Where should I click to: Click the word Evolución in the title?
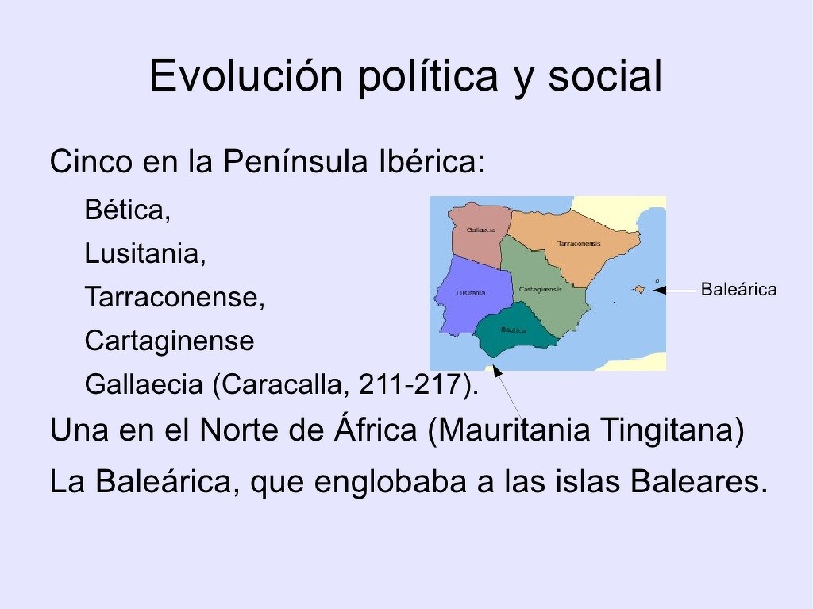[246, 75]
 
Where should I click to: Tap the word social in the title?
[604, 75]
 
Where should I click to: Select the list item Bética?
[128, 210]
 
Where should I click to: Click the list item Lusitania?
[145, 253]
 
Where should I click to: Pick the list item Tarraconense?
[175, 297]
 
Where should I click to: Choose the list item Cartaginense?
[170, 341]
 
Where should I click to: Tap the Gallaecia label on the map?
[480, 229]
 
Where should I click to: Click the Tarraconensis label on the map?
[579, 244]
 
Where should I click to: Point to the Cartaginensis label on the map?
[540, 290]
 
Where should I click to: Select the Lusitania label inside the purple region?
[471, 293]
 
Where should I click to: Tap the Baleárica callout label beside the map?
[739, 290]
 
